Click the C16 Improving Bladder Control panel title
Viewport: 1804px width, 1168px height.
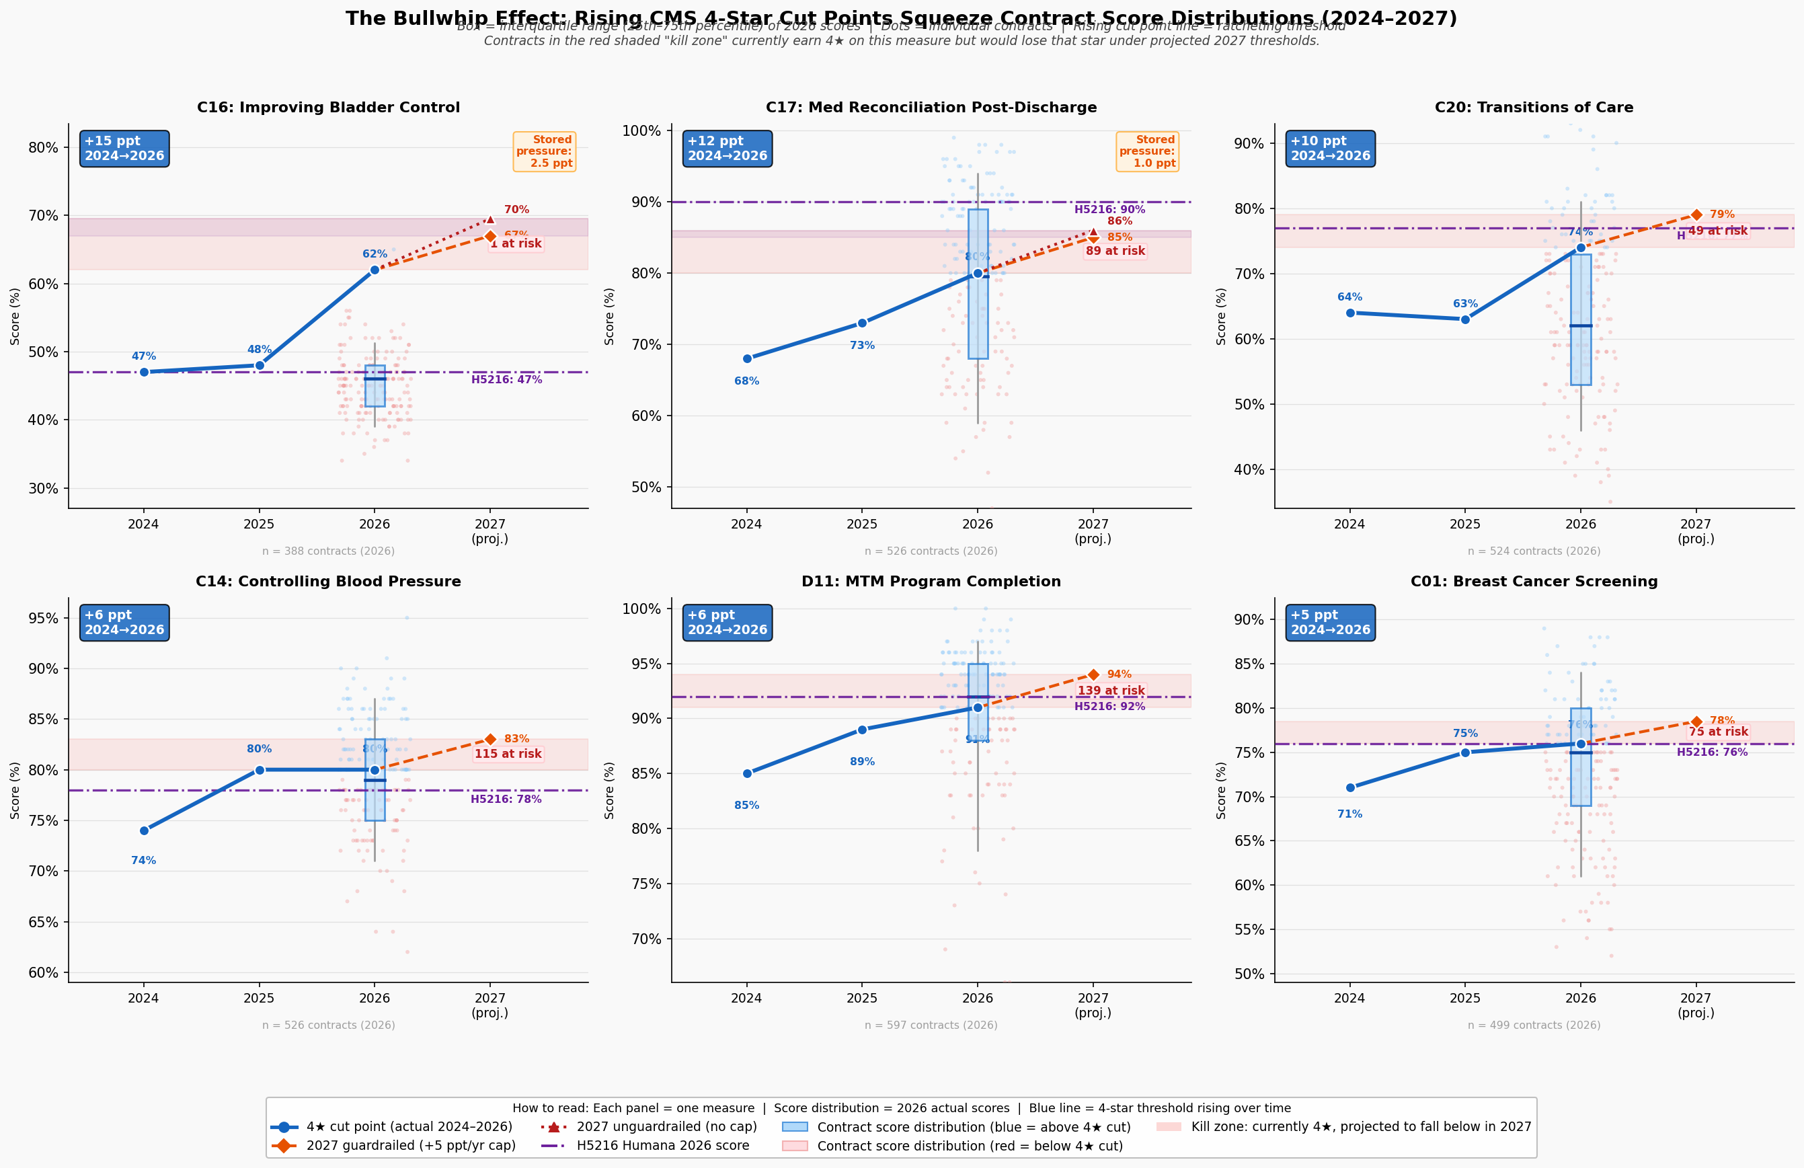click(328, 108)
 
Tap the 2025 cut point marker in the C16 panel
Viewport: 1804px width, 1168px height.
click(260, 365)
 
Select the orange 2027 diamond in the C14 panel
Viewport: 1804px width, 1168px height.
click(490, 739)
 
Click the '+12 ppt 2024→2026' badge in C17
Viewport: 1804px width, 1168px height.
click(727, 149)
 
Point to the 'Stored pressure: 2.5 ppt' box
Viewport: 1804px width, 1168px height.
click(544, 151)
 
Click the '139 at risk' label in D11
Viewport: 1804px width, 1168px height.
click(1111, 691)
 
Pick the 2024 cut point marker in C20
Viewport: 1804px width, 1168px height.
click(1350, 313)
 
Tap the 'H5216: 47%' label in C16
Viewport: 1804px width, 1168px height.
click(506, 380)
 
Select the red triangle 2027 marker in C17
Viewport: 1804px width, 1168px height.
click(1093, 232)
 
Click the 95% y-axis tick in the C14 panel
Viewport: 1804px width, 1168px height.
click(42, 619)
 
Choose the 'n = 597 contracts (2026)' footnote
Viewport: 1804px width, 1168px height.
click(931, 1025)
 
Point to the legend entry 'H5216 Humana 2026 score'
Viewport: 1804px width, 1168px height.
click(662, 1146)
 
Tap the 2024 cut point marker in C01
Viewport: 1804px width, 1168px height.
click(1350, 787)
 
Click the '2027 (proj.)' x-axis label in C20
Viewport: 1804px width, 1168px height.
click(1696, 531)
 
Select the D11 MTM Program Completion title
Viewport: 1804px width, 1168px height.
click(931, 582)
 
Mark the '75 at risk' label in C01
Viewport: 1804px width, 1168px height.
click(1717, 732)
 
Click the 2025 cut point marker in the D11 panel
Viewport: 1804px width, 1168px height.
click(862, 730)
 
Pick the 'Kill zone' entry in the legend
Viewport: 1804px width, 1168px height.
click(1361, 1127)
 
